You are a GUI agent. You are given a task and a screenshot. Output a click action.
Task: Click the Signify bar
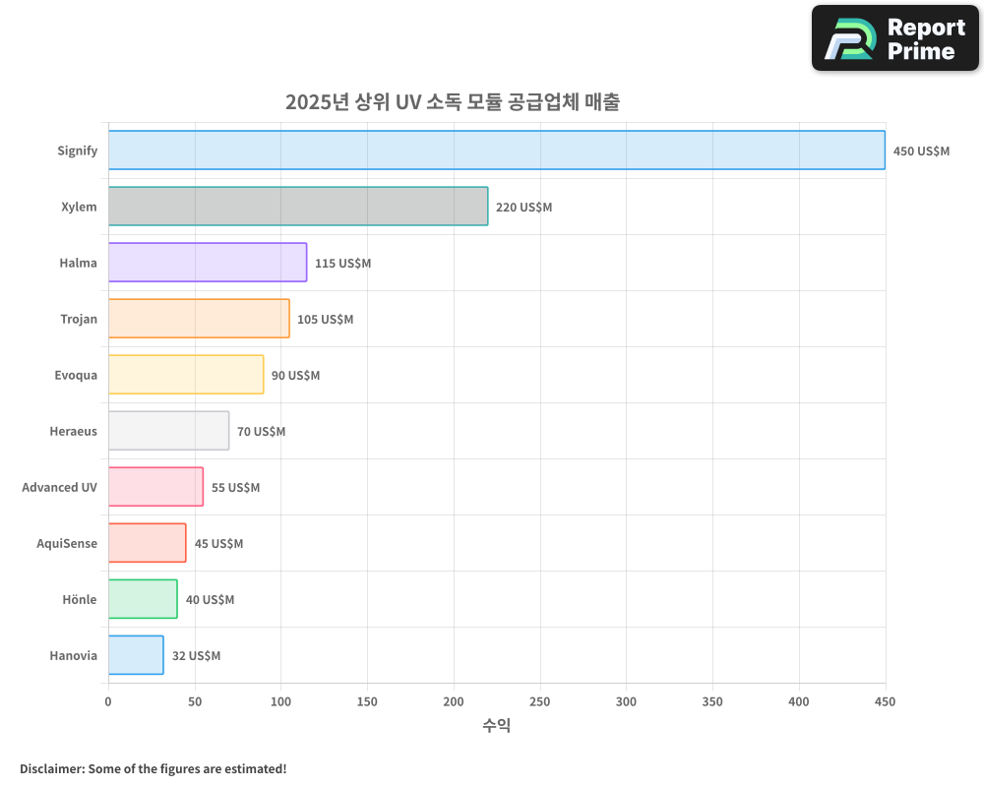(x=496, y=151)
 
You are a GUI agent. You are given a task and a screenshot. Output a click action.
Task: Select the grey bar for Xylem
(x=297, y=207)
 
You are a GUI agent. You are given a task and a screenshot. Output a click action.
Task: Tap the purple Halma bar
(x=207, y=263)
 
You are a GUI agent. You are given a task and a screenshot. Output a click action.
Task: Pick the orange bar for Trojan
(x=199, y=319)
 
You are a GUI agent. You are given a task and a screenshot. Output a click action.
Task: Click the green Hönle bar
(x=143, y=599)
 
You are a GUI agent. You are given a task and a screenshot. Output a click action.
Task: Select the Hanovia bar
(x=136, y=655)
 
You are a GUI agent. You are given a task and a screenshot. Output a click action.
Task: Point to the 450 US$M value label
(x=921, y=151)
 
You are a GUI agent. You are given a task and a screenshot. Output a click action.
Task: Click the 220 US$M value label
(x=523, y=208)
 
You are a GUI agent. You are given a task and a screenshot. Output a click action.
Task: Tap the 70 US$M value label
(x=261, y=432)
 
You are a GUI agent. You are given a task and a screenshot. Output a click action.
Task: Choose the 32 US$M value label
(x=196, y=656)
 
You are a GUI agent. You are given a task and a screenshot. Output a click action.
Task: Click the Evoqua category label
(x=76, y=375)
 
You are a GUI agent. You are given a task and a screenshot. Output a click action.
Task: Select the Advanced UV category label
(x=59, y=487)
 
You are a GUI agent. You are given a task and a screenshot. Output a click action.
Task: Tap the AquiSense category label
(x=67, y=543)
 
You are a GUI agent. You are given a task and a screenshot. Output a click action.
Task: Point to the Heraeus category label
(x=73, y=431)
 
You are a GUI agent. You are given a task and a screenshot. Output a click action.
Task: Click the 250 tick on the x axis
(x=539, y=701)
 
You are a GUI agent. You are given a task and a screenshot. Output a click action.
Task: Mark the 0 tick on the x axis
(x=108, y=701)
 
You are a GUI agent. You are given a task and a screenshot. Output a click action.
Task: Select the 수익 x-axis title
(x=496, y=726)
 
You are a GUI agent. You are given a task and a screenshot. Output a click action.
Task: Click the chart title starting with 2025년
(x=453, y=101)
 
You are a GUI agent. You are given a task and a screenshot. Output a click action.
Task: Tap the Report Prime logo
(x=894, y=38)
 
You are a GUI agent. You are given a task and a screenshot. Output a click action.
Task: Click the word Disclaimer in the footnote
(x=51, y=768)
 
